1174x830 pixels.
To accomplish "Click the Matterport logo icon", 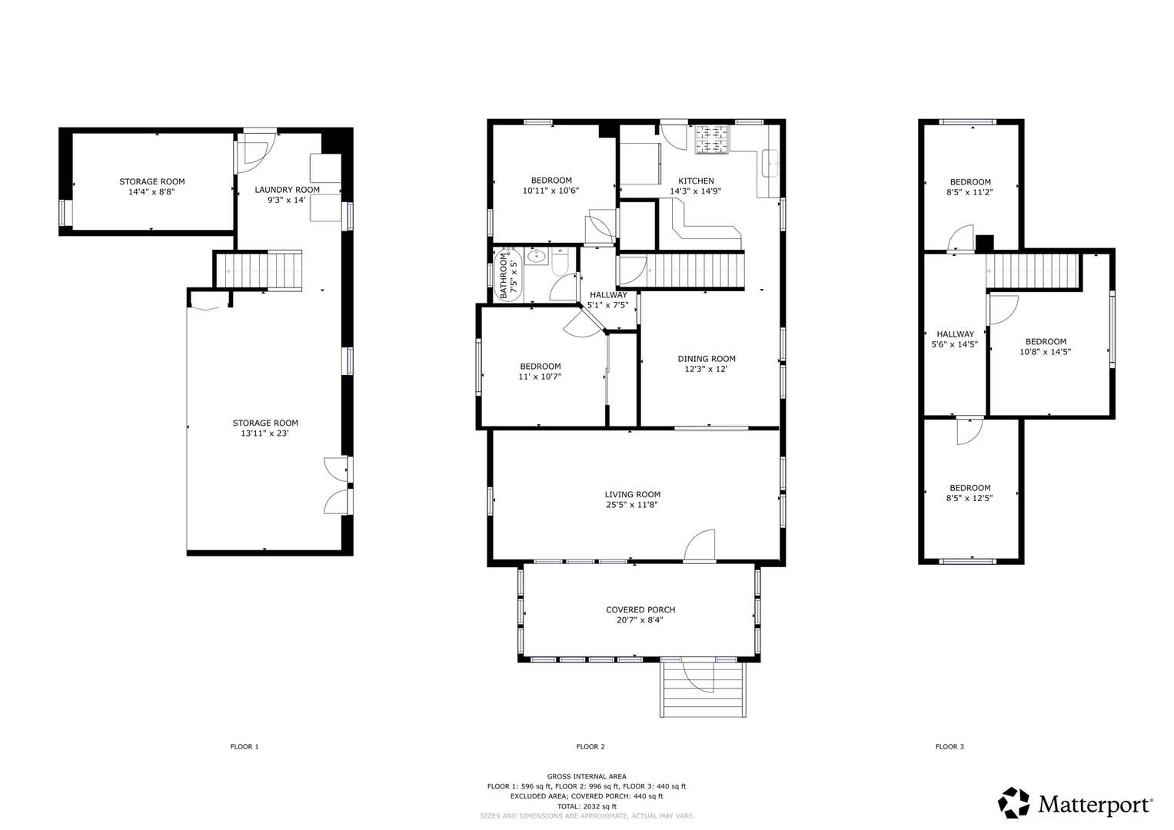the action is coord(1013,802).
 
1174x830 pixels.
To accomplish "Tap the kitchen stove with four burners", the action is coord(712,139).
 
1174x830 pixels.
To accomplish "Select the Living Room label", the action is coord(633,494).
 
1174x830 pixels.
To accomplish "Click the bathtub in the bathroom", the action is coord(508,274).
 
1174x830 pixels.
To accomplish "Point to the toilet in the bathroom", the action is coord(560,262).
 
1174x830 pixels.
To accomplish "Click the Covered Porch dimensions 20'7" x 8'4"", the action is coord(640,620).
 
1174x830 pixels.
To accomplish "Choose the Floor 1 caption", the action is coord(244,746).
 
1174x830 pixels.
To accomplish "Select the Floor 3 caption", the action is coord(950,746).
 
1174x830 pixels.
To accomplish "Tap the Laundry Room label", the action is coord(288,190).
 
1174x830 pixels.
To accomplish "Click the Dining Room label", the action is coord(707,358).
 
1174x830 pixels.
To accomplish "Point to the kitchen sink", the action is coord(770,163).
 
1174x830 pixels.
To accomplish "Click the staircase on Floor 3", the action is coord(1033,271).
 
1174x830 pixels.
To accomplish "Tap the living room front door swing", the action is coord(700,546).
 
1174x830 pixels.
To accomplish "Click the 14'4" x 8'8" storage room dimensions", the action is coord(151,192).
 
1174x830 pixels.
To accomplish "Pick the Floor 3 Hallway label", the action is coord(956,334).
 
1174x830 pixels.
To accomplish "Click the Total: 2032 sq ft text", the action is coord(587,806).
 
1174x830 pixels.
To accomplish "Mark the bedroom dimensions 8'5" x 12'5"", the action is coord(969,498).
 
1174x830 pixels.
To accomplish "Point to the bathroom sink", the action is coord(536,256).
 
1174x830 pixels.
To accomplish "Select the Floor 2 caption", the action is coord(590,746).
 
